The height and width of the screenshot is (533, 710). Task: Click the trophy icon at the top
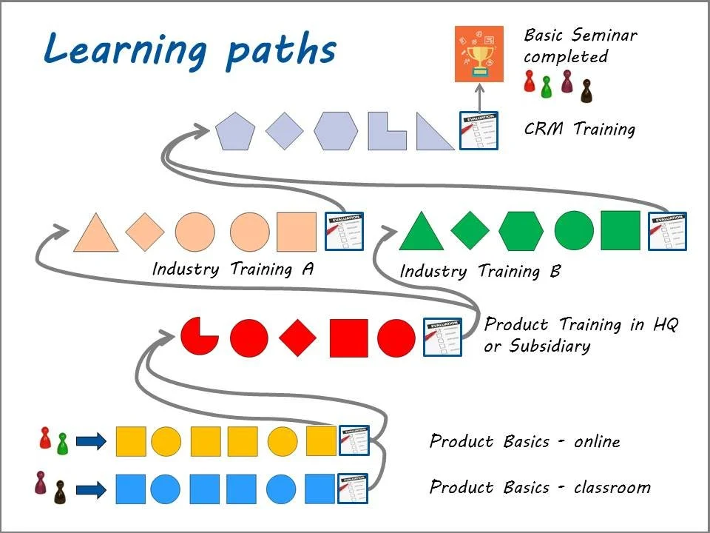[x=479, y=53]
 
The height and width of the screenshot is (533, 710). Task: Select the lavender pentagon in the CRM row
[x=235, y=132]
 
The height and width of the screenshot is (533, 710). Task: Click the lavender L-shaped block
[x=386, y=132]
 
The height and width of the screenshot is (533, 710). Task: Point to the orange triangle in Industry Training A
[x=96, y=234]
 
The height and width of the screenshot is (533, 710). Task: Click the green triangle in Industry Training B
[x=421, y=233]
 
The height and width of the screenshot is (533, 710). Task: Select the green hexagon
[x=521, y=231]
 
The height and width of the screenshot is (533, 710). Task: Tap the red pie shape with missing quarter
[x=199, y=337]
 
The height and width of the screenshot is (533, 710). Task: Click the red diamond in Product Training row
[x=298, y=338]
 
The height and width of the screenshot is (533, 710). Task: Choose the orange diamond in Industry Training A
[x=145, y=231]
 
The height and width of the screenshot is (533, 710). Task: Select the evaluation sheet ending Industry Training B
[x=667, y=231]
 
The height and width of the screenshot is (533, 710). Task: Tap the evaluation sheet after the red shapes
[x=442, y=337]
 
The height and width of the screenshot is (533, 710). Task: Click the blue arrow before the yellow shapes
[x=91, y=443]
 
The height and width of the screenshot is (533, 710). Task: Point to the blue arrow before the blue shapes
[x=91, y=489]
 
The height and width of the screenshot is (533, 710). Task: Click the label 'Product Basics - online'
[x=524, y=442]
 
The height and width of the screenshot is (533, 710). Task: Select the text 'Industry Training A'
[x=233, y=269]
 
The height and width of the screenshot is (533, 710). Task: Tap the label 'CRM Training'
[x=579, y=129]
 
